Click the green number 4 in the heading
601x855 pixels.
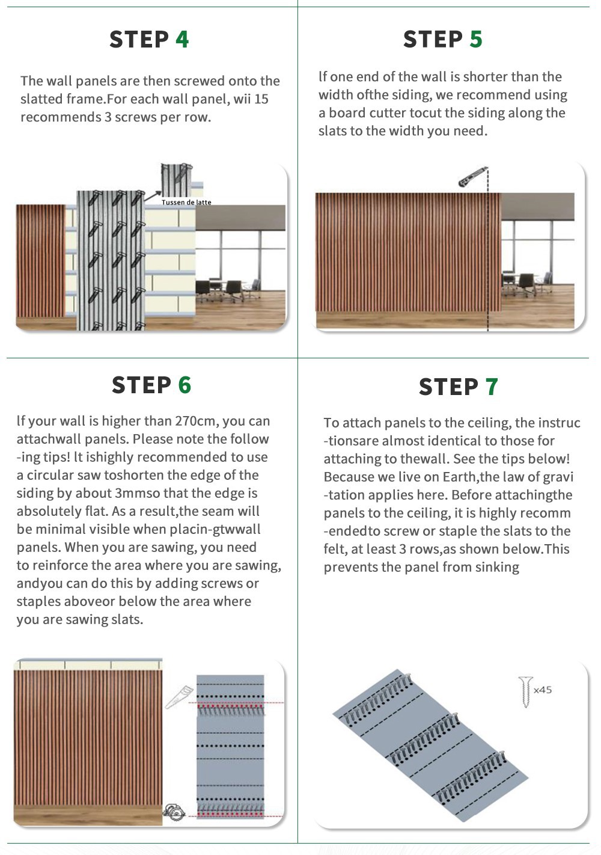[182, 40]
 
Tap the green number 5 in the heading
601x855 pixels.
[476, 40]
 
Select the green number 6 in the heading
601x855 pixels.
[185, 385]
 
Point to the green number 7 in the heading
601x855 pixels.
[492, 387]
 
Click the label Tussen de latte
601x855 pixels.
[186, 202]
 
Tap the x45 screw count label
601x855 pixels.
[543, 690]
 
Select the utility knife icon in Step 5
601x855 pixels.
[472, 177]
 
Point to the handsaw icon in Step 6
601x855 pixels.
[178, 697]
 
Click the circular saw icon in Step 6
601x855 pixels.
[174, 812]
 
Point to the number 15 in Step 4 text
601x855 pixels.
[261, 99]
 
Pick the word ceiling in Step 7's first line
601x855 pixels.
[485, 423]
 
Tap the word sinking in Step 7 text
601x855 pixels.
[496, 567]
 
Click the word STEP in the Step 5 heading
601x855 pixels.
[433, 40]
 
